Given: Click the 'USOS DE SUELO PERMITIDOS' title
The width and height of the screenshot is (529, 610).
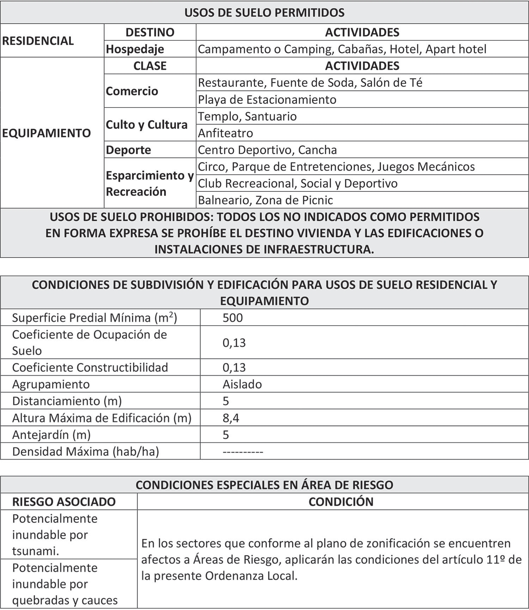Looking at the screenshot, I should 264,13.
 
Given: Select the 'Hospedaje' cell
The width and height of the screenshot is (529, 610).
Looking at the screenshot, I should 135,49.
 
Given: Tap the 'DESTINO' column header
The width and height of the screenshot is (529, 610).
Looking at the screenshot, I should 150,32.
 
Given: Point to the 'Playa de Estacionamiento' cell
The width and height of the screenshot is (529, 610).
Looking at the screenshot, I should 267,99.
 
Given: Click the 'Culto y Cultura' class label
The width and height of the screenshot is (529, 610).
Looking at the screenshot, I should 146,125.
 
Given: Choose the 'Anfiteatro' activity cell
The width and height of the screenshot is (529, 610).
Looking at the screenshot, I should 225,133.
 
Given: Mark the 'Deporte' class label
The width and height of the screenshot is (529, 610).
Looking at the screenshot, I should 128,150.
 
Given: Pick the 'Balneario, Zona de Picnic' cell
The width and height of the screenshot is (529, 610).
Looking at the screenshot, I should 265,200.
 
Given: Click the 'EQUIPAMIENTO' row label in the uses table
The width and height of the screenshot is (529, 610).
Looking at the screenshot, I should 46,133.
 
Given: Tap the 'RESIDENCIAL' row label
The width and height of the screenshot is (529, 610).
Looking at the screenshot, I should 38,41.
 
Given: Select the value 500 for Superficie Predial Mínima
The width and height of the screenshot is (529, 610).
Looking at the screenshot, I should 232,318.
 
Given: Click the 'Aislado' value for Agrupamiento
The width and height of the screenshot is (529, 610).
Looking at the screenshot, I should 242,384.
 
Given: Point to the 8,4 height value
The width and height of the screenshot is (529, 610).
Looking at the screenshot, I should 231,418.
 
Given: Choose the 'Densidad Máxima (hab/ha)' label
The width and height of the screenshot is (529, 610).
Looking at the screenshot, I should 85,451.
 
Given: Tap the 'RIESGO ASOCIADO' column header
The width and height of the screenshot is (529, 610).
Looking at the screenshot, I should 64,501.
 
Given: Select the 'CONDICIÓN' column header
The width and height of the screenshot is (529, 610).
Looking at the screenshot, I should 341,501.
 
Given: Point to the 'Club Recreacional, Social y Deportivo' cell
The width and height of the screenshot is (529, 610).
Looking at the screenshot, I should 297,183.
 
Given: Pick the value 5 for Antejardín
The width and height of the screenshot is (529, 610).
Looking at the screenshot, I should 226,435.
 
